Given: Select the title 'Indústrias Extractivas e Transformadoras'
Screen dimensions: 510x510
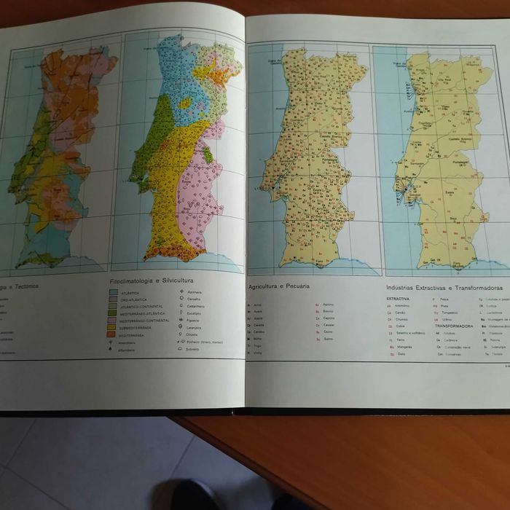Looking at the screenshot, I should tap(444, 288).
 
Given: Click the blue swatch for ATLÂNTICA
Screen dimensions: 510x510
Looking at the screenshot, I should tap(114, 293).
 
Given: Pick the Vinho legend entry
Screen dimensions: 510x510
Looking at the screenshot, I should tap(257, 353).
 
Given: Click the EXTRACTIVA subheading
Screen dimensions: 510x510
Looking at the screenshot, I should tap(398, 299).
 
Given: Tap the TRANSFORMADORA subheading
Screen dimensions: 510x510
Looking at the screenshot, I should tap(454, 326).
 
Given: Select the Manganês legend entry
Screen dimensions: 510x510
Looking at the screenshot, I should tap(405, 347).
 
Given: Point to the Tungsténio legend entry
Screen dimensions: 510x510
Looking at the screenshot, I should tap(451, 313).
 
